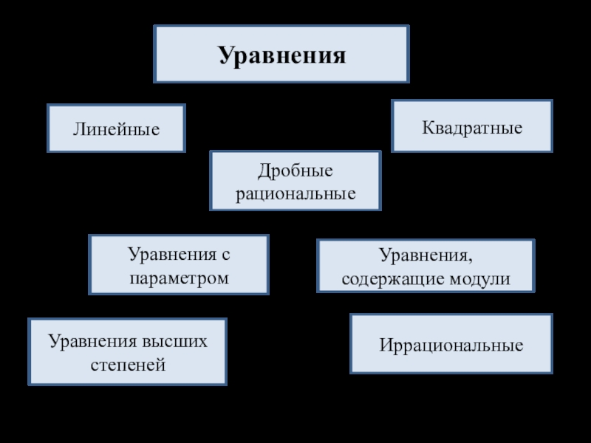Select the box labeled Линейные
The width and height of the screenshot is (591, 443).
coord(116,129)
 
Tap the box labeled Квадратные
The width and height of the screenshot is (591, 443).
coord(472,127)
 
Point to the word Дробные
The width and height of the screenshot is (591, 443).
coord(295,171)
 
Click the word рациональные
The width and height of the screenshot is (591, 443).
coord(295,194)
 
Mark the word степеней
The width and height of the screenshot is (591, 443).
coord(127,365)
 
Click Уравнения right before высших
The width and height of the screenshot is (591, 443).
coord(91,341)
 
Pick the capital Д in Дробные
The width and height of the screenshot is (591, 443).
coord(262,171)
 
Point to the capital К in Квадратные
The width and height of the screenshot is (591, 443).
coord(427,127)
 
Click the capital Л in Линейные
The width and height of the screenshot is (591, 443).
coord(77,129)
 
